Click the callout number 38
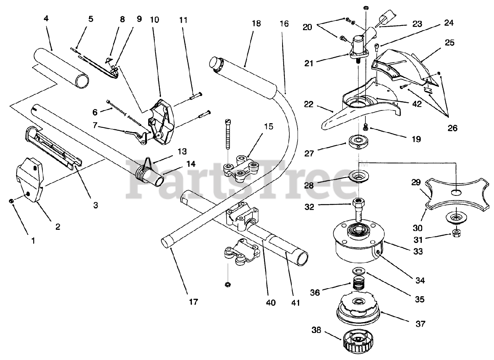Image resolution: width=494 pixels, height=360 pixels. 316,331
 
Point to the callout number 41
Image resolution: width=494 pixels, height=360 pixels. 295,303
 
